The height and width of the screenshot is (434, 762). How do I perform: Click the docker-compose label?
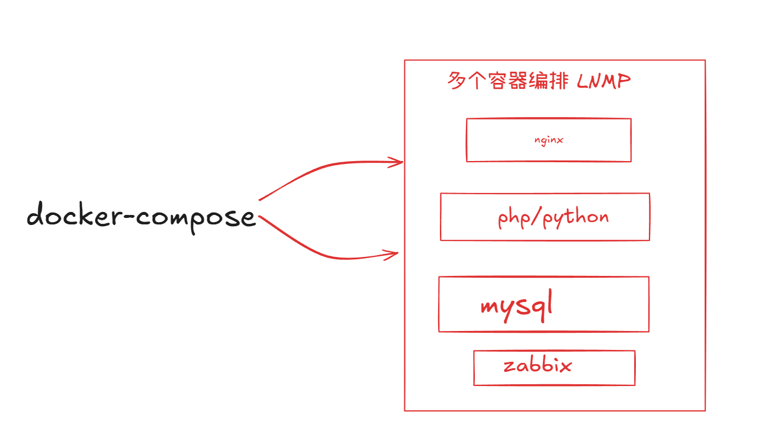(141, 216)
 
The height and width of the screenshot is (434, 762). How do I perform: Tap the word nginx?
(548, 140)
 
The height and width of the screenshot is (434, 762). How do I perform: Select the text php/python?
(553, 218)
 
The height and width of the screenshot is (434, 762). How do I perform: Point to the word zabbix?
(538, 365)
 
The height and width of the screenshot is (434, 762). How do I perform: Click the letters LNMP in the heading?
(603, 81)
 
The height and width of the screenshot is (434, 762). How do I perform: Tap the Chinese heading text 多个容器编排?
(507, 81)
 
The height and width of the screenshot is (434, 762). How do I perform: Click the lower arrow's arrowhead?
(392, 255)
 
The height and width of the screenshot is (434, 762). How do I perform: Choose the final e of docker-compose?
(248, 218)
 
